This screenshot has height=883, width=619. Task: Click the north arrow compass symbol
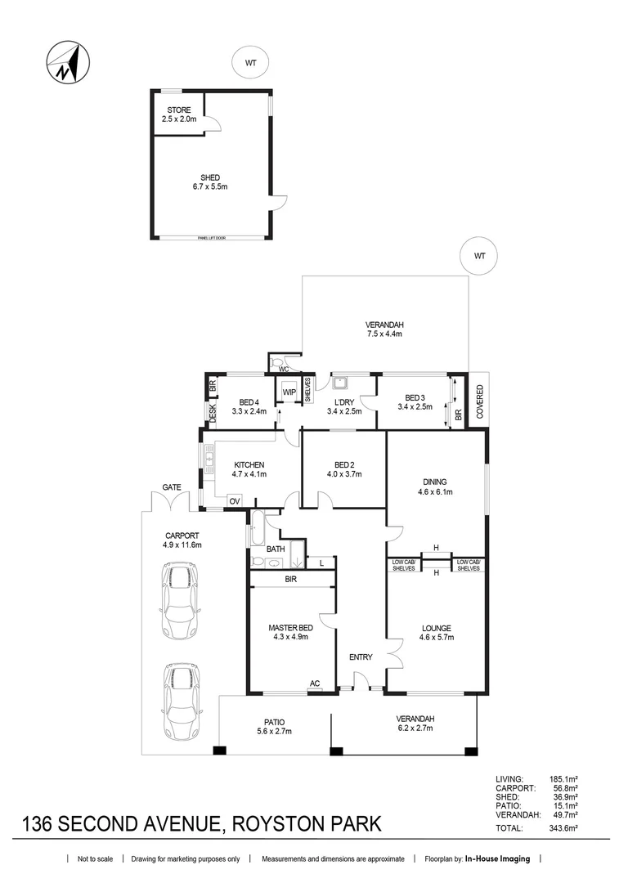68,62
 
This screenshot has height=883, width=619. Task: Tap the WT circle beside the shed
250,63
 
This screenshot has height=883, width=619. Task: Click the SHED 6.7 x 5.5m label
210,182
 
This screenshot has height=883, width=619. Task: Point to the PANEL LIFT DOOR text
211,238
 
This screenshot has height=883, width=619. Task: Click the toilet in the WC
277,361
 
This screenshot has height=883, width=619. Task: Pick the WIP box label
289,392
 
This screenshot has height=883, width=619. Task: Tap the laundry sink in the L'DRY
340,383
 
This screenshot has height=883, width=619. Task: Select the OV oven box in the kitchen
235,501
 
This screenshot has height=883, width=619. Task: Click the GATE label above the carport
172,487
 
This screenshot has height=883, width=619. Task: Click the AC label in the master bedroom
315,684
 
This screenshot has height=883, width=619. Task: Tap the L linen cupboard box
321,563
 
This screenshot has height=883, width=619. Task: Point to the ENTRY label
361,657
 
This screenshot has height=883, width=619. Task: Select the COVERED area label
480,401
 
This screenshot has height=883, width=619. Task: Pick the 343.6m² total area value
563,828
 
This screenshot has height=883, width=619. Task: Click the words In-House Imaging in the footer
497,858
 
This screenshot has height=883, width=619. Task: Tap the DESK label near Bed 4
213,414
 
